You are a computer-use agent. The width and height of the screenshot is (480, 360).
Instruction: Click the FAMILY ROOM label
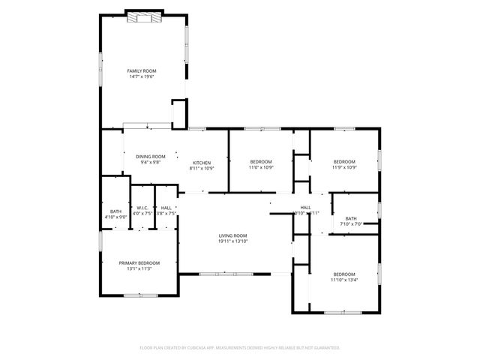click(x=141, y=70)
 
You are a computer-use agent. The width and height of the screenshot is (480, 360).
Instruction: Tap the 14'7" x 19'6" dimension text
click(x=141, y=76)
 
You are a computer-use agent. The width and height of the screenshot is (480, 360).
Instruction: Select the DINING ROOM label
click(x=150, y=156)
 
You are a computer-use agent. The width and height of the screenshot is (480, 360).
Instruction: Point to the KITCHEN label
click(x=202, y=163)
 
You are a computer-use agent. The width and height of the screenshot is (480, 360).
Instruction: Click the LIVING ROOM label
click(x=232, y=235)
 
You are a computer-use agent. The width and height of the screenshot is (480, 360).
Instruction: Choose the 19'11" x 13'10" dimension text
click(x=232, y=242)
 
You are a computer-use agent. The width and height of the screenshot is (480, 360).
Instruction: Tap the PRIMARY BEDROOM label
click(x=139, y=262)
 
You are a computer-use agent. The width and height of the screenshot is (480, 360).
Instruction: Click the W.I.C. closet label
click(x=142, y=208)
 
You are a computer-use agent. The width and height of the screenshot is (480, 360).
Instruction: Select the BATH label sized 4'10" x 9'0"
click(x=115, y=211)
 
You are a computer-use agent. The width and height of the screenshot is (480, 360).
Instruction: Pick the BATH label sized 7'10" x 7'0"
click(x=351, y=218)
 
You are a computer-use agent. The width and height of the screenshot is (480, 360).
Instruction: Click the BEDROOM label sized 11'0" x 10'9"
click(x=261, y=162)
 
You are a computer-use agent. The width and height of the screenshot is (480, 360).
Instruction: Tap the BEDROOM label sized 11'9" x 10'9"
click(x=344, y=162)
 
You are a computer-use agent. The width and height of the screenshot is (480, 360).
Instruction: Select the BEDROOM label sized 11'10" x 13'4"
click(x=344, y=274)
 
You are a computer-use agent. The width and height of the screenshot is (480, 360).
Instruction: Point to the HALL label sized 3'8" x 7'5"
click(x=166, y=208)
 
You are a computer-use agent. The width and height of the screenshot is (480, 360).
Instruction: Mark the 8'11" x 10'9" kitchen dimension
click(x=202, y=169)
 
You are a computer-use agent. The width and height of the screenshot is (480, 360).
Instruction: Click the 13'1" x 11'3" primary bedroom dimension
click(x=139, y=268)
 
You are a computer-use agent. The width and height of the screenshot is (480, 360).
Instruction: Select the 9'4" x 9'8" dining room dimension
click(x=150, y=162)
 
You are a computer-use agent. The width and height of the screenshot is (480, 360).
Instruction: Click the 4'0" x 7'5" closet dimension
click(x=142, y=214)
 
